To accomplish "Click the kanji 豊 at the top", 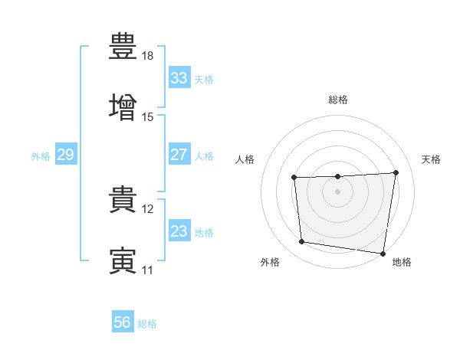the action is click(x=123, y=46).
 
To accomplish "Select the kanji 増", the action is click(x=123, y=107).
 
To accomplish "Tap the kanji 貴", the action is click(x=123, y=199).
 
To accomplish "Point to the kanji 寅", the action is click(x=123, y=260).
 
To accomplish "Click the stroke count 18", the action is click(x=147, y=56).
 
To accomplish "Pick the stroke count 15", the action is click(x=147, y=117).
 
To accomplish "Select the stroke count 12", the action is click(x=147, y=209).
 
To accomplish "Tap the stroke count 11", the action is click(x=147, y=270).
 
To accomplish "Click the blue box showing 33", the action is click(x=179, y=77).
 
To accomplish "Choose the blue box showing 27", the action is click(x=179, y=154).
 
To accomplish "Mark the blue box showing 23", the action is click(x=179, y=230).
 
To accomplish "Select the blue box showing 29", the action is click(x=66, y=154).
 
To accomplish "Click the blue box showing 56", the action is click(x=123, y=321).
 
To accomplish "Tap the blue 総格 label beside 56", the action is click(x=147, y=324).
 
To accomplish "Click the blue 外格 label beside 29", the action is click(x=41, y=156).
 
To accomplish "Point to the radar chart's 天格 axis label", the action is click(x=431, y=159).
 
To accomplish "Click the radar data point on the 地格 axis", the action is click(x=383, y=254).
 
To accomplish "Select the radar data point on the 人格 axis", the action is click(x=294, y=178).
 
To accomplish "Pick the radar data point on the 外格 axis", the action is click(x=301, y=241).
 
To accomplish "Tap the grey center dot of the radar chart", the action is click(x=337, y=191).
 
